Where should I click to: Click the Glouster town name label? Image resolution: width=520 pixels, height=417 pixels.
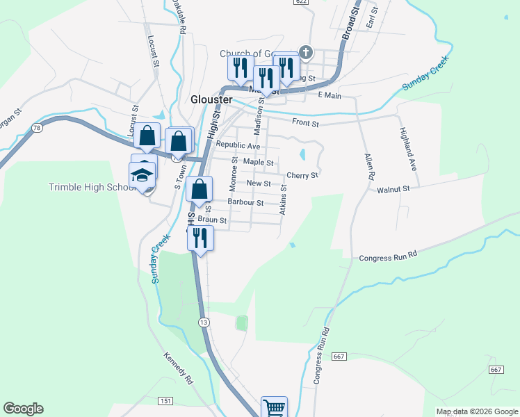[x=211, y=99]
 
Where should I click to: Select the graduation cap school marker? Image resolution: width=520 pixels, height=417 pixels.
[x=143, y=174]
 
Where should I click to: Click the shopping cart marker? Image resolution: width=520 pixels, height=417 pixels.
[x=274, y=408]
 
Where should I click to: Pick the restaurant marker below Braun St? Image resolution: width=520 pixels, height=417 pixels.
[x=200, y=238]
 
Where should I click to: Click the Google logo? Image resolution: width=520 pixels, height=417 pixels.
[x=23, y=409]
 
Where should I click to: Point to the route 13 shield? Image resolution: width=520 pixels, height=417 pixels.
[x=203, y=322]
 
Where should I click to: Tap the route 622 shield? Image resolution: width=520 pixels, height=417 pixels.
[x=300, y=2]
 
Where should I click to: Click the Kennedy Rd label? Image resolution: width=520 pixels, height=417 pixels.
[x=177, y=368]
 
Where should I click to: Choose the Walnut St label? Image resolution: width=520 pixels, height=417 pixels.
[x=393, y=188]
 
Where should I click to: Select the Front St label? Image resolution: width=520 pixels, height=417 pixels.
[x=305, y=124]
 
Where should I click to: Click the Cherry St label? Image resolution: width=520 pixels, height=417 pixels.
[x=302, y=175]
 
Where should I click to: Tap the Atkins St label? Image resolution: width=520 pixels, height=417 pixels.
[x=283, y=199]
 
